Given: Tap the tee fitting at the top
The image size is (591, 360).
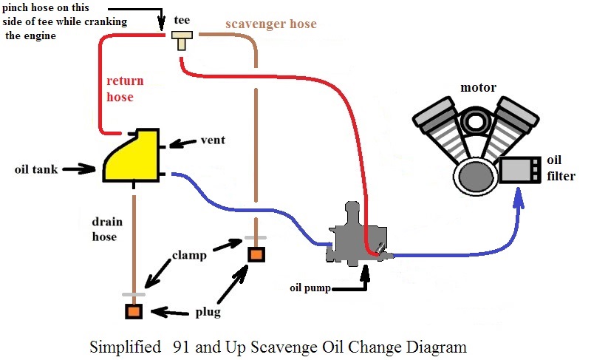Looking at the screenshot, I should point(181,38).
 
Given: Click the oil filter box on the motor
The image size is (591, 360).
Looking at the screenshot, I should point(520,170).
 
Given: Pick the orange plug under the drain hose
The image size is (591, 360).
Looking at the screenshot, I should point(133,310).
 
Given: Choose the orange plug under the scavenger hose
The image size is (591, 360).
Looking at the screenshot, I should point(256,254).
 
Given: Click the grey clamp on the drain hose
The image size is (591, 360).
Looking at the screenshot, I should point(133,294).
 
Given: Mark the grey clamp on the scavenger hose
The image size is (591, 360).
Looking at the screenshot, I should point(256,238).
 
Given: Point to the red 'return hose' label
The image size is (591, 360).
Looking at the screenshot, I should point(125,89).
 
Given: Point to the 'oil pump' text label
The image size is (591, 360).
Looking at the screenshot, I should point(310,287).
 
